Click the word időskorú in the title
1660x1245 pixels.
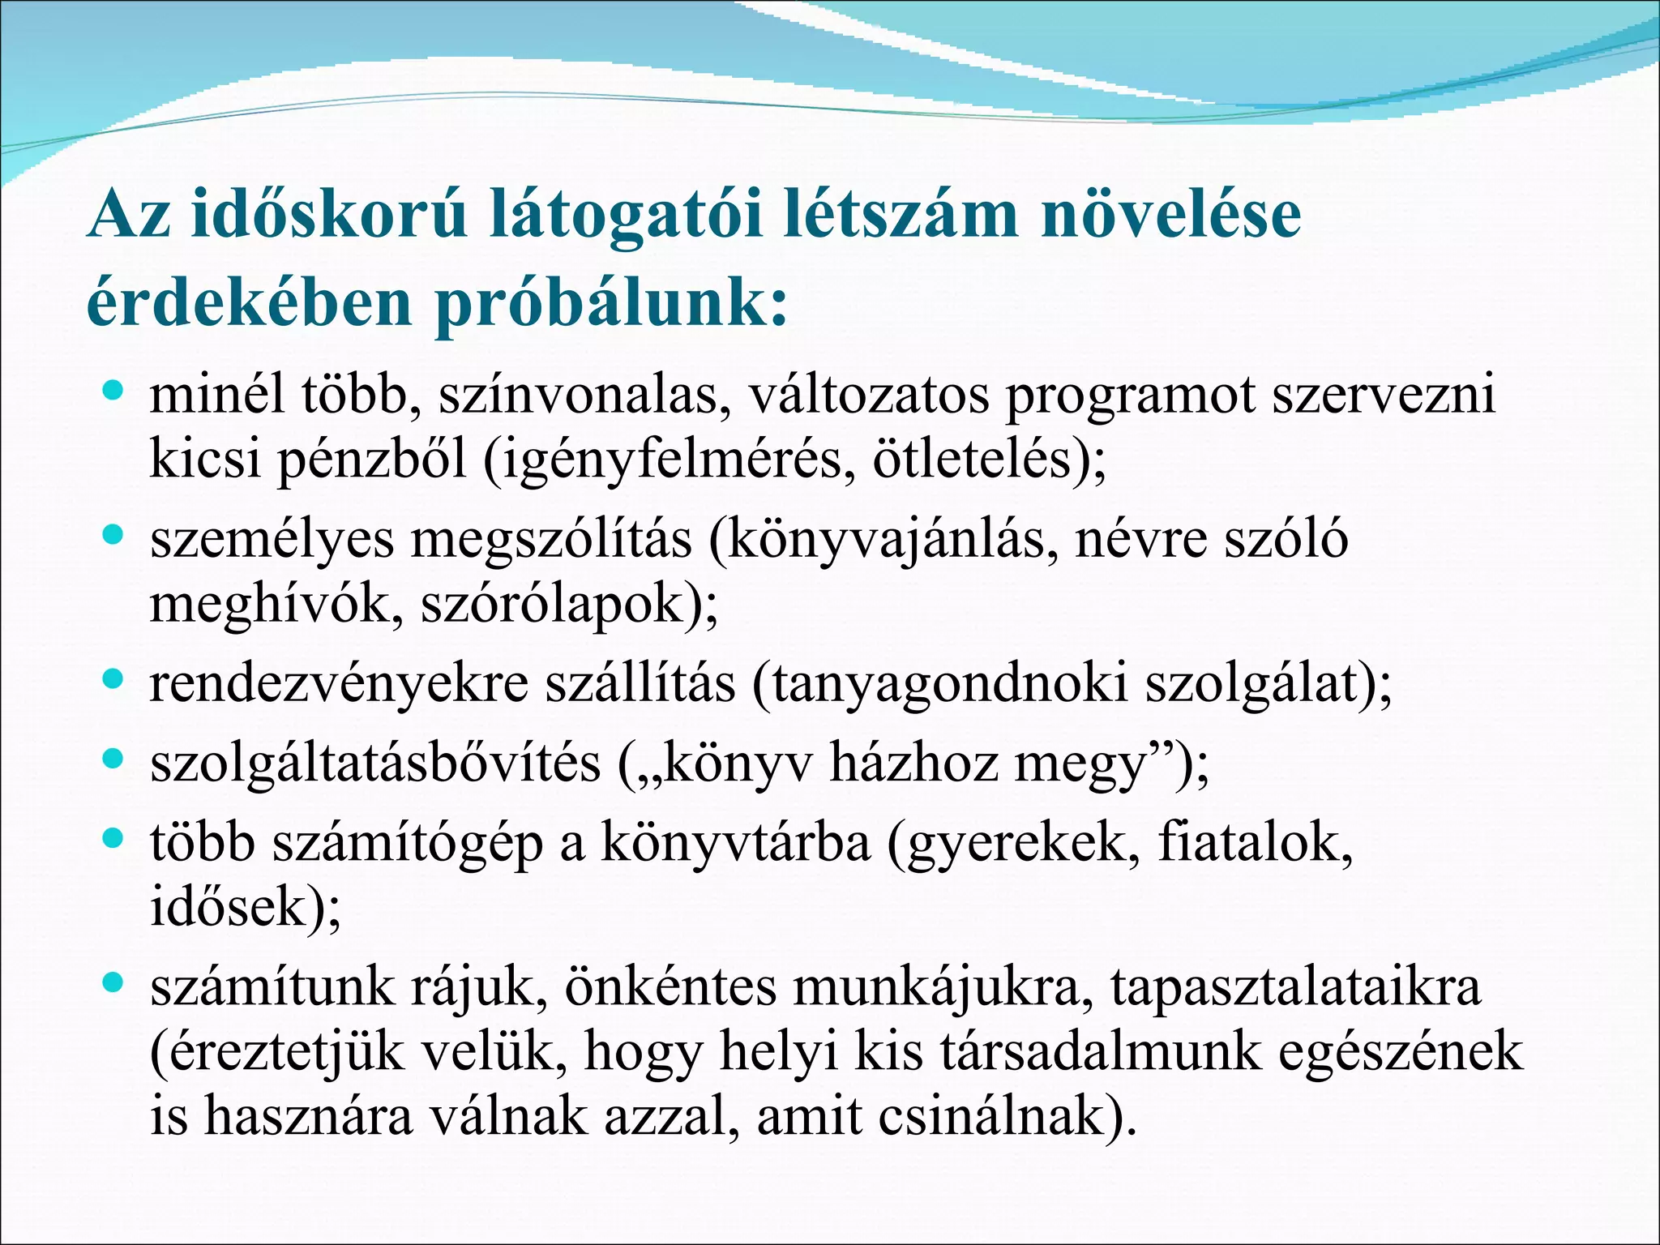coord(329,216)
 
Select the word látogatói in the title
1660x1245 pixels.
coord(627,216)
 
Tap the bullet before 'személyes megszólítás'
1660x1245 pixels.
coord(113,536)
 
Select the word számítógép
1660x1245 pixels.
coord(407,843)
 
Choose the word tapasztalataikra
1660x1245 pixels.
coord(1295,987)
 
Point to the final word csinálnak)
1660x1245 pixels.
coord(1008,1117)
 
